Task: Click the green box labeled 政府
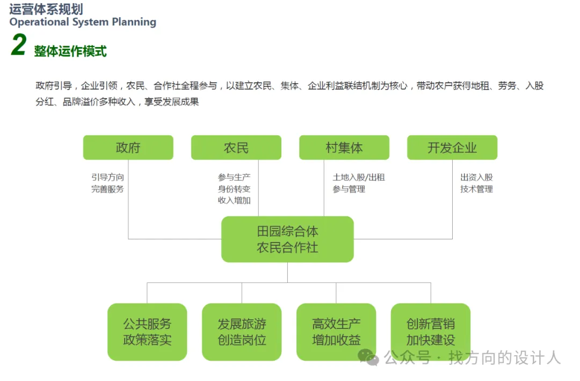(128, 148)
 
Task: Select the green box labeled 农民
(236, 148)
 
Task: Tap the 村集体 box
(344, 148)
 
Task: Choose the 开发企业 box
(452, 148)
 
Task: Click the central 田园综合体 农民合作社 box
(287, 239)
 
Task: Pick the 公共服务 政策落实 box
(147, 332)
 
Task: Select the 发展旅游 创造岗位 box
(242, 332)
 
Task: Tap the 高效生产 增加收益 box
(336, 332)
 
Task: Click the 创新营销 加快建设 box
(431, 332)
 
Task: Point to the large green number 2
(18, 45)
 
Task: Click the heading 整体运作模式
(70, 51)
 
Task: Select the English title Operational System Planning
(83, 22)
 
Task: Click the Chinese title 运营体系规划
(46, 9)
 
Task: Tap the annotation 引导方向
(107, 177)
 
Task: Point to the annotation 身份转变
(234, 189)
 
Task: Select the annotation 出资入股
(476, 177)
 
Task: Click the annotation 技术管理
(476, 189)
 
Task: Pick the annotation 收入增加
(234, 201)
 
